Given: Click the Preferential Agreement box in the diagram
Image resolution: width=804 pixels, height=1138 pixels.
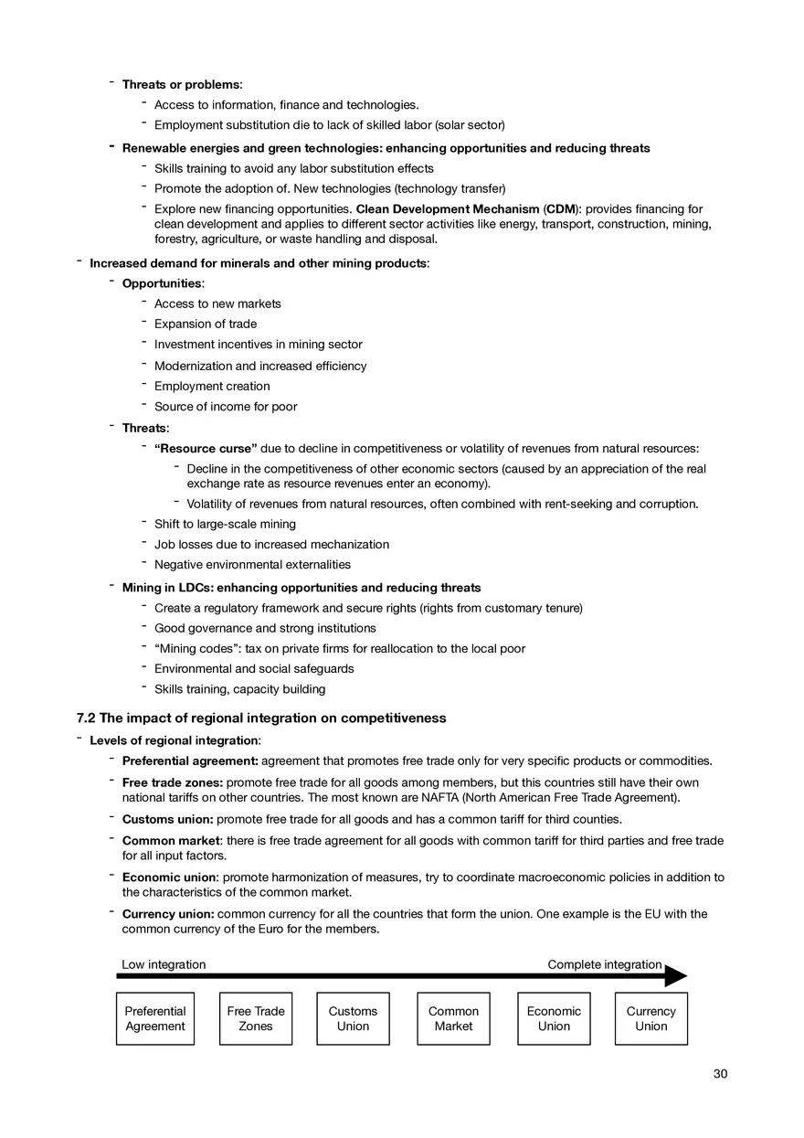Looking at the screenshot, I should pyautogui.click(x=155, y=1018).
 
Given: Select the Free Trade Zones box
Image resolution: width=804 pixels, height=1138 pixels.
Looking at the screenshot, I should pyautogui.click(x=256, y=1018).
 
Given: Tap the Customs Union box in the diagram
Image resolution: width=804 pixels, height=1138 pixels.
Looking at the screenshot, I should pyautogui.click(x=353, y=1018).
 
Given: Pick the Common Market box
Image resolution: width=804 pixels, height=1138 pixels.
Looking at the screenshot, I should pyautogui.click(x=453, y=1018).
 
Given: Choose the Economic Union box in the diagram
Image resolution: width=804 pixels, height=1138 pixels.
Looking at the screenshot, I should pyautogui.click(x=554, y=1018).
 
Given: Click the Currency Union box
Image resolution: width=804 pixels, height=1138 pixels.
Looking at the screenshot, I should pyautogui.click(x=651, y=1018).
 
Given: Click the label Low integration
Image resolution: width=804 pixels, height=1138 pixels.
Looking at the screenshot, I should pyautogui.click(x=164, y=964).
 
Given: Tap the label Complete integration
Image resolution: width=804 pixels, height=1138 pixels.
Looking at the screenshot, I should pyautogui.click(x=605, y=964).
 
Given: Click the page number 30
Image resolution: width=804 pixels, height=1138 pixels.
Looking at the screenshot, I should pyautogui.click(x=720, y=1074).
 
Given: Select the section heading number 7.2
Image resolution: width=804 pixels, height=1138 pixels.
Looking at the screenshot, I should pyautogui.click(x=86, y=718).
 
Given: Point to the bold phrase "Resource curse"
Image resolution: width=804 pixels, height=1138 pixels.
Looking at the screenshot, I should pyautogui.click(x=206, y=449).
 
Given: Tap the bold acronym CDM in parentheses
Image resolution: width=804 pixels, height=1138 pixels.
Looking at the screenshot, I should pyautogui.click(x=561, y=209).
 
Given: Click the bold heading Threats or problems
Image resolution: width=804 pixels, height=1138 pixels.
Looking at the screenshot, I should pyautogui.click(x=182, y=85).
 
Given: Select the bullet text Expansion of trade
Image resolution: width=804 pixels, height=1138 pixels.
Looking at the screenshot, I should pyautogui.click(x=206, y=324).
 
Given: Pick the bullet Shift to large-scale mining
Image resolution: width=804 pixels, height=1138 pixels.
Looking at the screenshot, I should pyautogui.click(x=225, y=525).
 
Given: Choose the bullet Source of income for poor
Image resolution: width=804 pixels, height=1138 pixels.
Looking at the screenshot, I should pyautogui.click(x=226, y=407).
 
